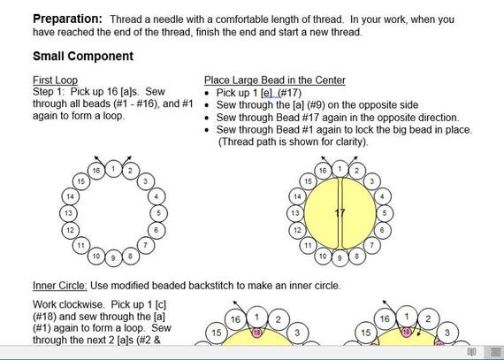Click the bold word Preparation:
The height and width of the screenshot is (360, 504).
pyautogui.click(x=67, y=19)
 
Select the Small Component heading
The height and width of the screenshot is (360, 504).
pyautogui.click(x=83, y=57)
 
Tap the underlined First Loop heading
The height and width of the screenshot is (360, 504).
pyautogui.click(x=56, y=80)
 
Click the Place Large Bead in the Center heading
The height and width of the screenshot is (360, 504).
pyautogui.click(x=275, y=80)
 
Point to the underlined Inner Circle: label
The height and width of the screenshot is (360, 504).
pyautogui.click(x=60, y=286)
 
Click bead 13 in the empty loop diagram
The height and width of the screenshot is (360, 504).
pyautogui.click(x=68, y=213)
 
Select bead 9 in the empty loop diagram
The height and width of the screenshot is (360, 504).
pyautogui.click(x=113, y=257)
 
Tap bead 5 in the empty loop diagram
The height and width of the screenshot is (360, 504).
pyautogui.click(x=159, y=213)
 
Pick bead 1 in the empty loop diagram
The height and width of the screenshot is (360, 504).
pyautogui.click(x=113, y=169)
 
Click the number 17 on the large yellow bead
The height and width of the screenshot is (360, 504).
pyautogui.click(x=340, y=213)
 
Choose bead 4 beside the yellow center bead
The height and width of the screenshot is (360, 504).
pyautogui.click(x=382, y=196)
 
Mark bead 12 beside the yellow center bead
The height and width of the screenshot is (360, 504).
pyautogui.click(x=297, y=230)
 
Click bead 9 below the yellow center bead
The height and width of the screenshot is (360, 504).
pyautogui.click(x=340, y=257)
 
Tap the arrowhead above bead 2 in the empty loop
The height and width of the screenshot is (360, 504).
pyautogui.click(x=129, y=157)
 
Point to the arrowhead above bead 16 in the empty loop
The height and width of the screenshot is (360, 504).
pyautogui.click(x=96, y=157)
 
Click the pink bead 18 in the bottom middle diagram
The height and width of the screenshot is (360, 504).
pyautogui.click(x=256, y=333)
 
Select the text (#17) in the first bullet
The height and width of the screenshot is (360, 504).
pyautogui.click(x=290, y=93)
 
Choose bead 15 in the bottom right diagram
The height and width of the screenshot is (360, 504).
pyautogui.click(x=366, y=333)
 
